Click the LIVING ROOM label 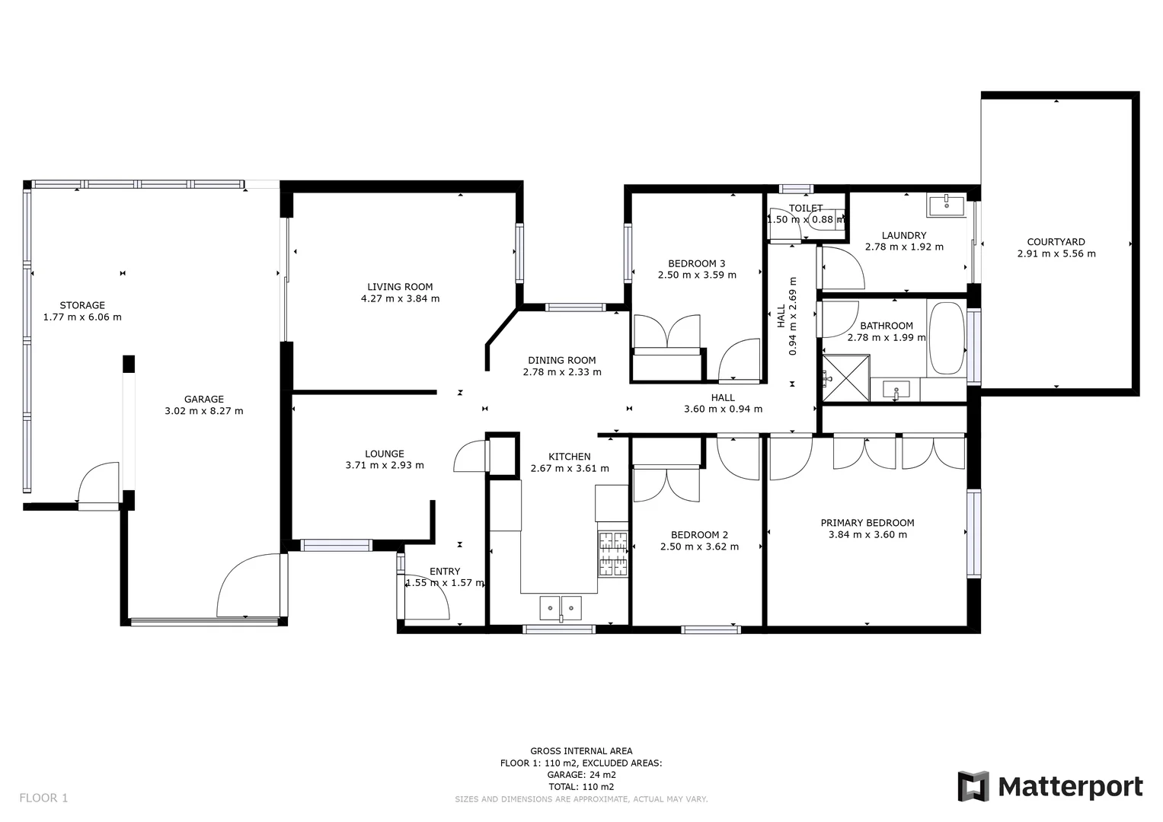(400, 287)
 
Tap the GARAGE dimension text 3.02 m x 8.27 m (203, 411)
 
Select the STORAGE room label (82, 305)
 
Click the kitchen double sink (561, 608)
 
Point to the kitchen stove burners (613, 553)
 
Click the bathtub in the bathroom (947, 338)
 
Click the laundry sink (946, 205)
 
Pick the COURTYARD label (1056, 242)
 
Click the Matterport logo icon (973, 786)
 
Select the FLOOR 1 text (43, 798)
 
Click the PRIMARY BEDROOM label (867, 523)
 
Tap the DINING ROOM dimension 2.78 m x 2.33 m (562, 372)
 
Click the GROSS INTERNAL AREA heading (581, 751)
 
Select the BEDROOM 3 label (696, 263)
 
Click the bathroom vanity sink (896, 391)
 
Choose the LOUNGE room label (384, 454)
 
